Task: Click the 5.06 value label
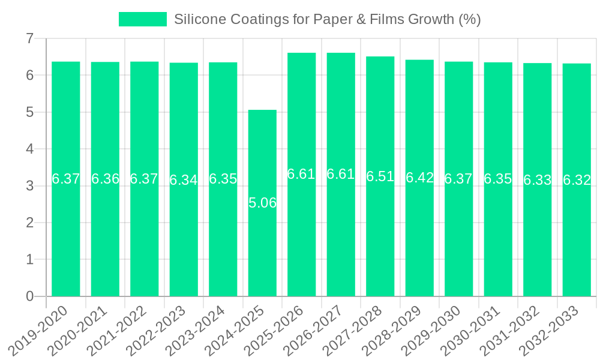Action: tap(262, 203)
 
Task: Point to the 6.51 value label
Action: tap(380, 176)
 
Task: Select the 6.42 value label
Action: tap(419, 178)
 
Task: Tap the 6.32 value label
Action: tap(577, 180)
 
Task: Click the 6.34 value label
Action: tap(184, 180)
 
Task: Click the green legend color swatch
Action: tap(142, 19)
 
